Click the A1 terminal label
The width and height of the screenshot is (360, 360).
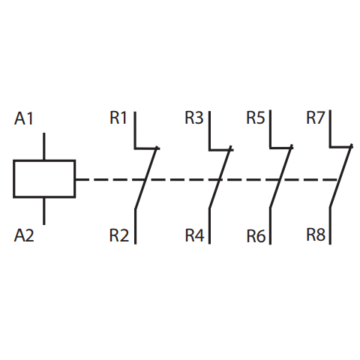[x=24, y=118]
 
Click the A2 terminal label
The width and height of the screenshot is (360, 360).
[x=24, y=235]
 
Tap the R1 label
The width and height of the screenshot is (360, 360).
[x=118, y=117]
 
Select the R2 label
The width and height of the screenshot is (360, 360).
[x=119, y=235]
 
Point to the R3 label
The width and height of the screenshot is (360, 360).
[x=194, y=117]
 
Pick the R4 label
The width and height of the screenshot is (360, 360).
[x=194, y=235]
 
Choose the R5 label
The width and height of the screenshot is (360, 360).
[x=256, y=117]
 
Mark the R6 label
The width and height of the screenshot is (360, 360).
[x=256, y=235]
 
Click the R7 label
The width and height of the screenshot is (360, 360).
[x=316, y=117]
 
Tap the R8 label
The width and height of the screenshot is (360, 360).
[x=316, y=235]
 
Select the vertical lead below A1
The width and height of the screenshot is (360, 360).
[x=44, y=146]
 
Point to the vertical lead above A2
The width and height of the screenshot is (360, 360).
[x=44, y=211]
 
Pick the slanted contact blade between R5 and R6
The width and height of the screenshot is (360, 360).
[x=281, y=176]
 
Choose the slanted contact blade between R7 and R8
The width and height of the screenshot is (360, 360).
[x=341, y=175]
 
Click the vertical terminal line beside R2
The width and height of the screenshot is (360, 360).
[x=135, y=226]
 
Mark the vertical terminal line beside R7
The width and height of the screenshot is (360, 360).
[x=330, y=128]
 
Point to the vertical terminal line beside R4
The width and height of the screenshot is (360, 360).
[x=209, y=226]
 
